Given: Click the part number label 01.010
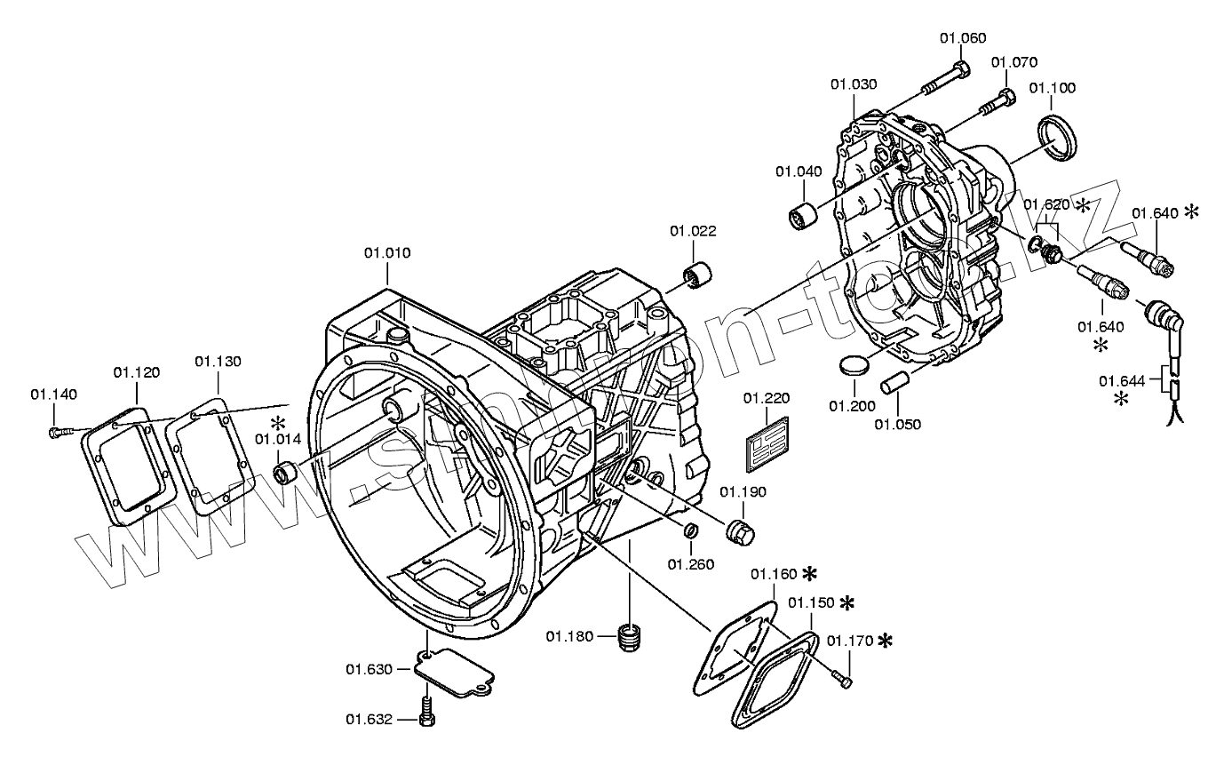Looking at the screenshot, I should click(x=386, y=253).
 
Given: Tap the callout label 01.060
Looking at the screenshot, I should click(x=963, y=37).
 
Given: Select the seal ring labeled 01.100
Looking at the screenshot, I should click(x=1057, y=136).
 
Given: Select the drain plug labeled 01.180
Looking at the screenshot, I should click(x=630, y=637).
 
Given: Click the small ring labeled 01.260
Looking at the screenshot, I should click(x=689, y=533).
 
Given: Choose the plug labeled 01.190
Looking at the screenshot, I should click(x=740, y=530).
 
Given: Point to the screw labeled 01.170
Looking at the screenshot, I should click(x=842, y=680).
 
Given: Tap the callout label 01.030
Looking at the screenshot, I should click(x=854, y=84).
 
